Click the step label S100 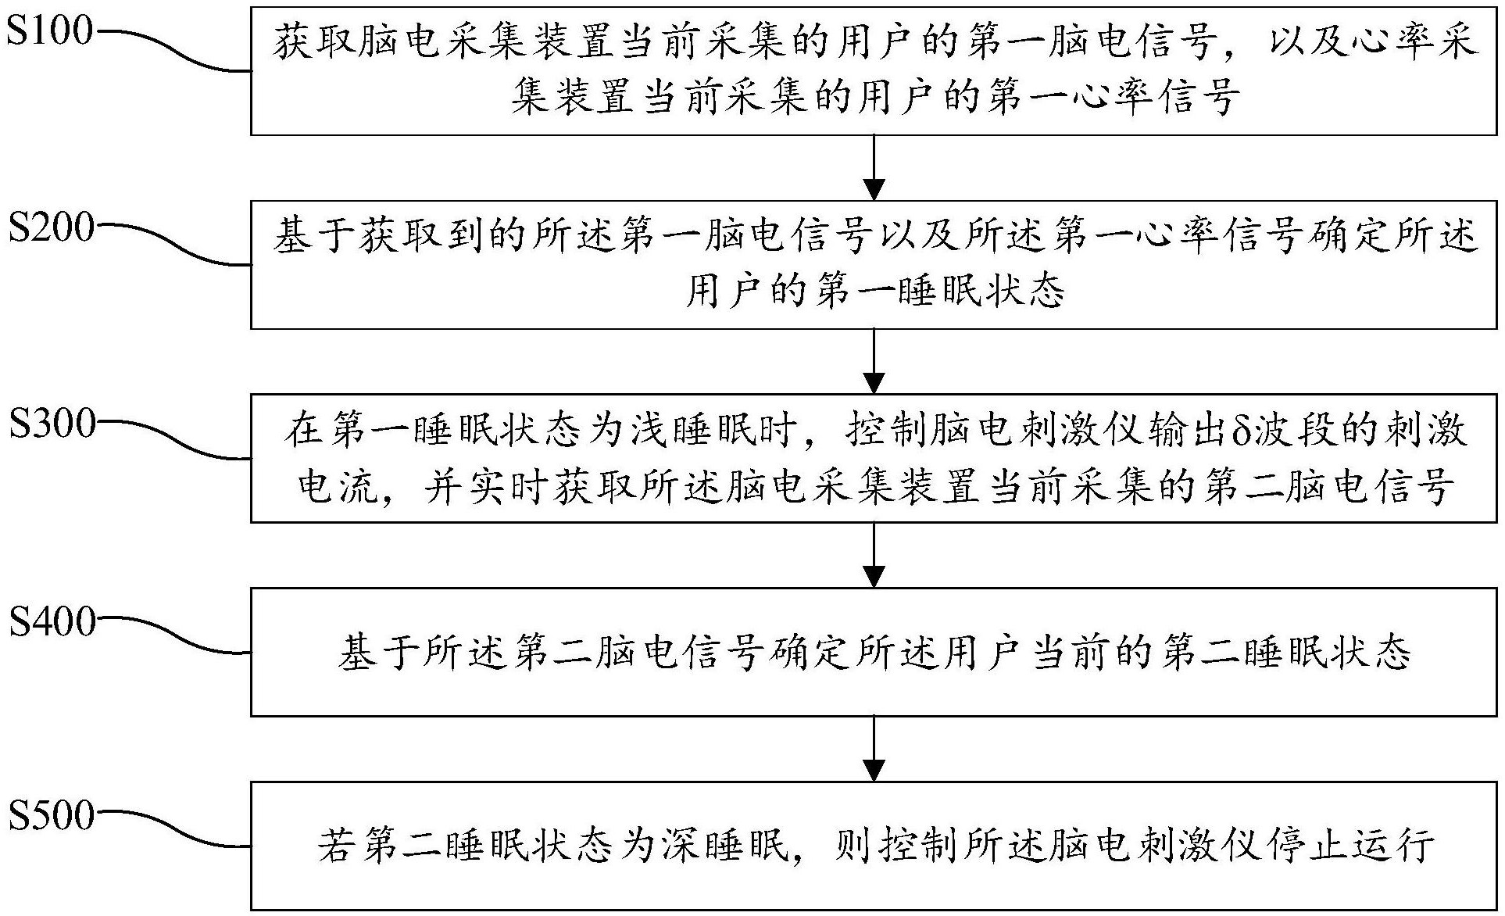click(x=49, y=31)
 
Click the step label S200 click(x=51, y=227)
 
